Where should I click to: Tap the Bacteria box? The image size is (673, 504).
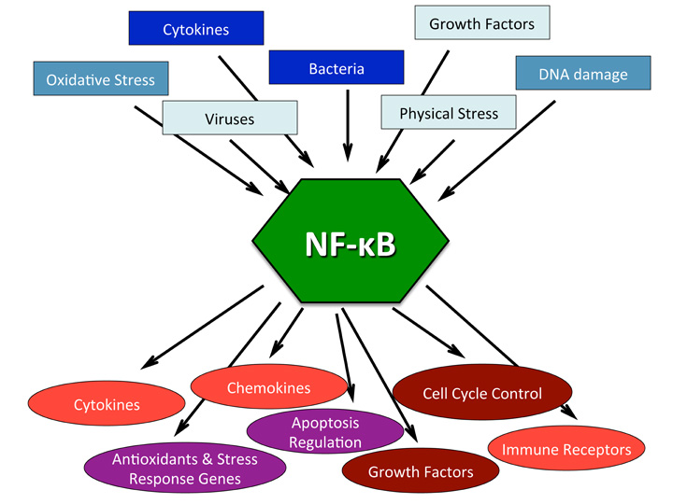(336, 68)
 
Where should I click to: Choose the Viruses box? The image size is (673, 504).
(229, 118)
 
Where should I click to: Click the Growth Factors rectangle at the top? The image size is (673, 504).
(481, 23)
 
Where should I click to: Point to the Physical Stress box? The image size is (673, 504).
(449, 114)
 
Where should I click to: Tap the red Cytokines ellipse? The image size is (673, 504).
(107, 405)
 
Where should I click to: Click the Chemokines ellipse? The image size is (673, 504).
(268, 387)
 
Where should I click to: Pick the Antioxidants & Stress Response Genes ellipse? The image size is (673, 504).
(184, 469)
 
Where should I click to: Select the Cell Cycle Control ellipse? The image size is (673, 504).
(481, 393)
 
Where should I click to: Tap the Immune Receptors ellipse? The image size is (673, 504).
(566, 450)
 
